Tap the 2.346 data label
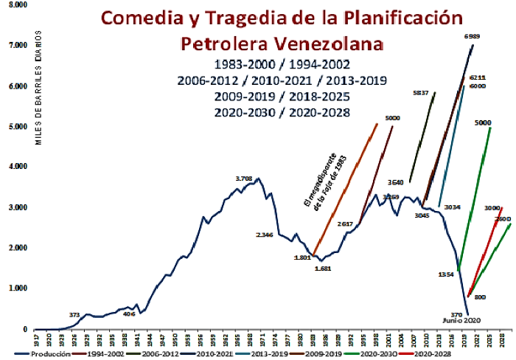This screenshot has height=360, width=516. pyautogui.click(x=265, y=235)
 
